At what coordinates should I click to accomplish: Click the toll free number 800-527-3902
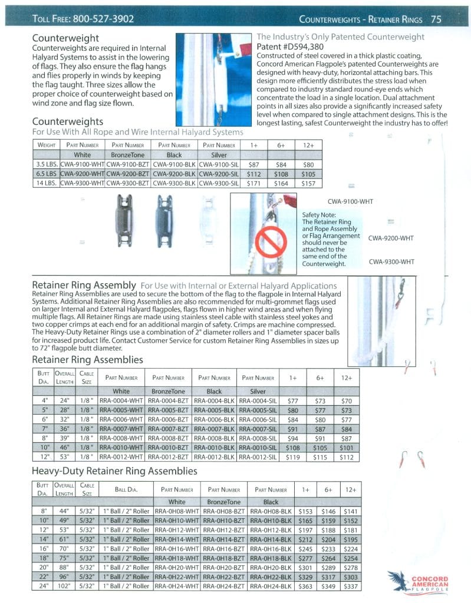click(x=103, y=19)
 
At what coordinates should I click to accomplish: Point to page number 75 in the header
click(x=436, y=19)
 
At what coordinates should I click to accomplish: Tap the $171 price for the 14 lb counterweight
click(x=254, y=184)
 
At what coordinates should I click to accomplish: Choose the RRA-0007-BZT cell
click(x=169, y=429)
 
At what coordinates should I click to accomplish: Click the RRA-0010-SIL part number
click(x=257, y=448)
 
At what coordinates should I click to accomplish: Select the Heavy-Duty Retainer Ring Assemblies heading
click(x=114, y=471)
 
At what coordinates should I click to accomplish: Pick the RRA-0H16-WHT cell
click(x=176, y=548)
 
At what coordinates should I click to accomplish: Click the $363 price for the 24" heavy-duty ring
click(x=305, y=586)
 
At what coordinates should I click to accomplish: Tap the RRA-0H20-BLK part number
click(x=271, y=567)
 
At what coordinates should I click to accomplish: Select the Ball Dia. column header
click(x=126, y=489)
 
